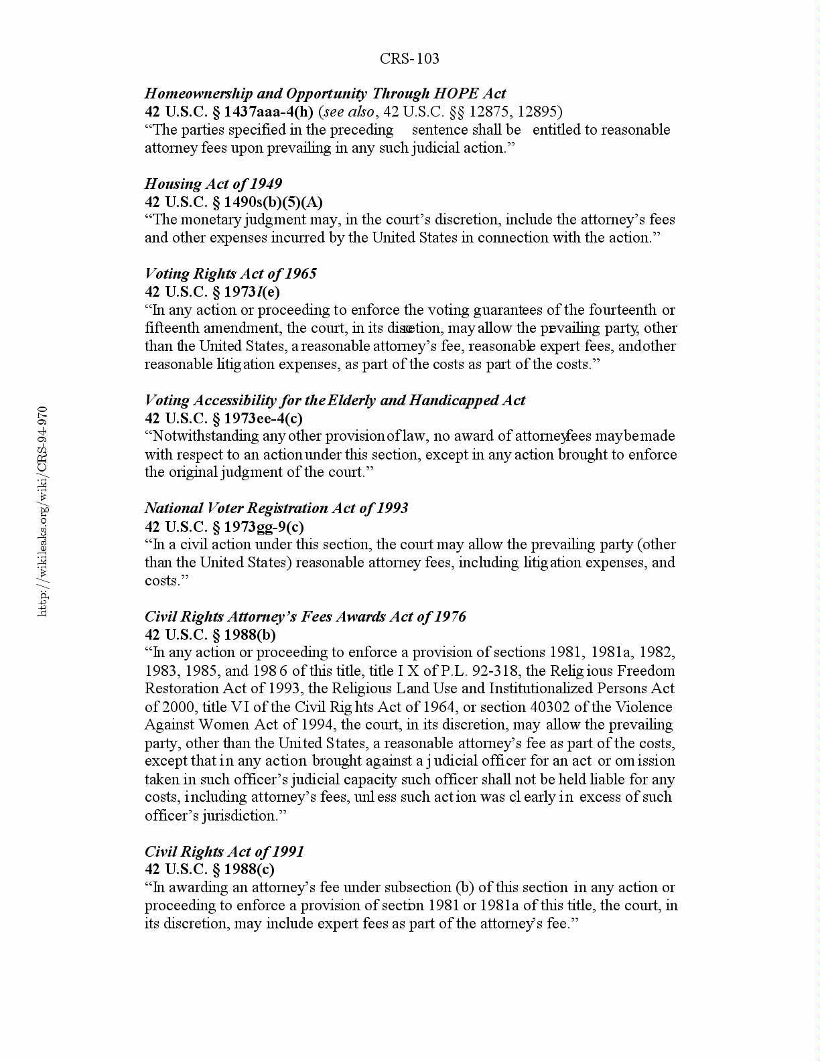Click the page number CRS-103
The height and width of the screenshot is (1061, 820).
tap(409, 59)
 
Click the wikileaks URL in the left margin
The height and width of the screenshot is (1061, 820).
tap(43, 510)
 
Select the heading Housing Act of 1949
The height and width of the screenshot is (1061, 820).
tap(213, 184)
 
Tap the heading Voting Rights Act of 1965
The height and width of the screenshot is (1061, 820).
tap(230, 273)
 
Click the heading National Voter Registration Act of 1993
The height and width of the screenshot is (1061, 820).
tap(276, 508)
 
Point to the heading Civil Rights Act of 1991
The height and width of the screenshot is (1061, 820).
tap(224, 851)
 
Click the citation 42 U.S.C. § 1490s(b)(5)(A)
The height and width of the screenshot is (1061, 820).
tap(234, 202)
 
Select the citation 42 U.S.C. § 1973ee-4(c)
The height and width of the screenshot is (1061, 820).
tap(224, 419)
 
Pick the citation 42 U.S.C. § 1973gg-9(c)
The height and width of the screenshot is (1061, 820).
tap(224, 526)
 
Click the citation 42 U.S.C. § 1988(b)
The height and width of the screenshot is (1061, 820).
tap(210, 634)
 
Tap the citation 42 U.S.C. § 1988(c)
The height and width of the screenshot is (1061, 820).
tap(210, 869)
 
